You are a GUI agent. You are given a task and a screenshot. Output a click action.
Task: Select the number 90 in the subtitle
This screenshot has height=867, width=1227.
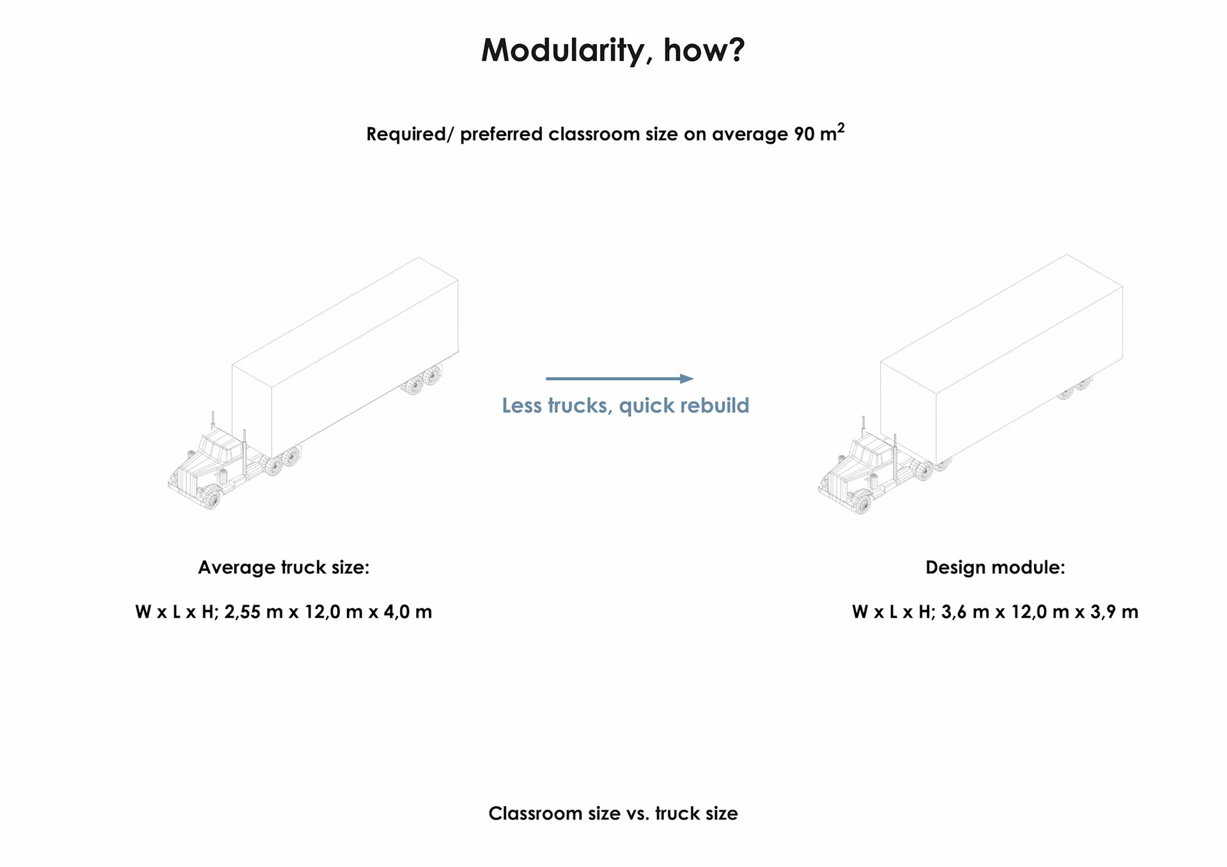(804, 134)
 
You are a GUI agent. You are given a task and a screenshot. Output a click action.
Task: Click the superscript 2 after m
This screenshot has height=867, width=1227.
(841, 128)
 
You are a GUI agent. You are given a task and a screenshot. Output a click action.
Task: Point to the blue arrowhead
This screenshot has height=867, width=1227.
(686, 379)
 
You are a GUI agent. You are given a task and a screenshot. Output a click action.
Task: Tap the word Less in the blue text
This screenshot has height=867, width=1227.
(522, 405)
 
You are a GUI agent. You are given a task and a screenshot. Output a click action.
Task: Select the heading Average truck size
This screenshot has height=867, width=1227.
(283, 567)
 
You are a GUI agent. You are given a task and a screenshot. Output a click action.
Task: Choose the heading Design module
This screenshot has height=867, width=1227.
(995, 567)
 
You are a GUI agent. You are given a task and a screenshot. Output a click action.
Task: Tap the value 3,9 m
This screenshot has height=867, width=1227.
(1114, 612)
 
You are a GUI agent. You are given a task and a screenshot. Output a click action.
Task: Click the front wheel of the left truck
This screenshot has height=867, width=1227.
(212, 497)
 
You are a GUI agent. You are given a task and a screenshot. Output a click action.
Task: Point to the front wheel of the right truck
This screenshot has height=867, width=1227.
(863, 502)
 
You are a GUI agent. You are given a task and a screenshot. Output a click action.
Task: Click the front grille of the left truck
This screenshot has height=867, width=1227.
(185, 481)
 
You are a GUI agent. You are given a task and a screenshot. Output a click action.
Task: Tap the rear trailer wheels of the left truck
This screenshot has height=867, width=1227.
(423, 380)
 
